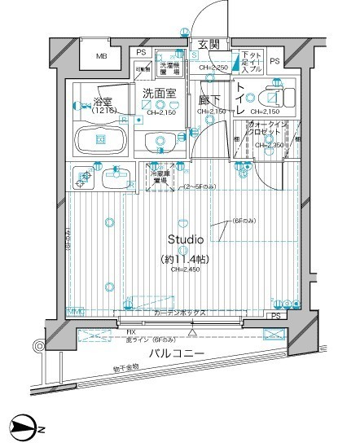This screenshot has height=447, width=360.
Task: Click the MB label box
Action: point(102,57)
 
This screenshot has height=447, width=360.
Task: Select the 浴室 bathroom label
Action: point(103,104)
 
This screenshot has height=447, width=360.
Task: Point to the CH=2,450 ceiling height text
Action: point(186,274)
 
